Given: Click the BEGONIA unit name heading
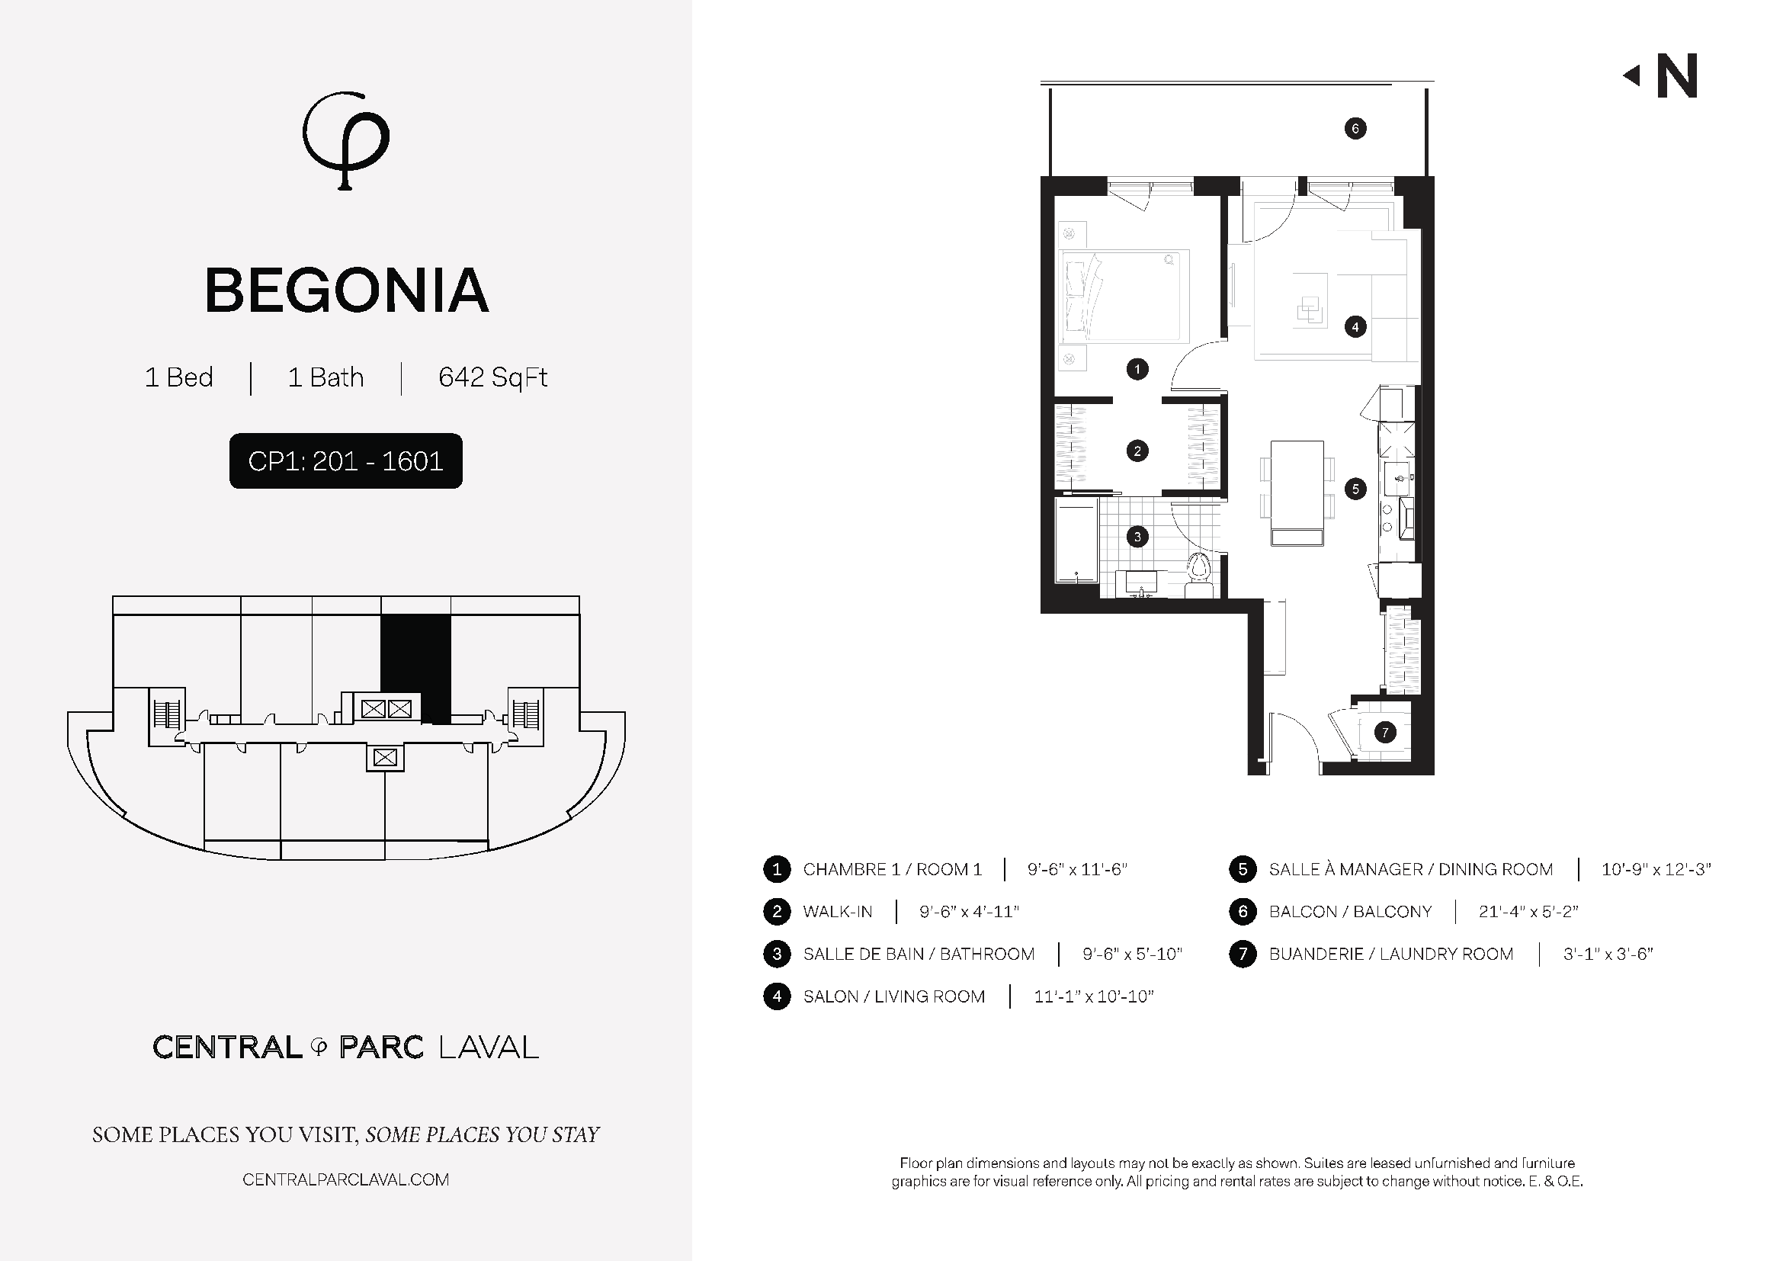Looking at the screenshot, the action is coord(346,291).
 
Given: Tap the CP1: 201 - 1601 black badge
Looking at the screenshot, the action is coord(345,461).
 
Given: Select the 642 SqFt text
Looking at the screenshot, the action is coord(493,377).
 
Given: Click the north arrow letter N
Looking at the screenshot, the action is coord(1677,75).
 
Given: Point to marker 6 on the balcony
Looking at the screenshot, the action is coord(1355,129).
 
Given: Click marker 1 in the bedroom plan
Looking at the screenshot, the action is coord(1137,369).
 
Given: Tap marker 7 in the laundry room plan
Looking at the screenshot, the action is coord(1384,732).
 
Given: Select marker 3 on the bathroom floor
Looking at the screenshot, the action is coord(1137,537).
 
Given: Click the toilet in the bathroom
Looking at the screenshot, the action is coord(1199,575).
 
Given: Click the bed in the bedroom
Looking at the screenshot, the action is coord(1125,297).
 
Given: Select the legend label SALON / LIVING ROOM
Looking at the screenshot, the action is coord(894,996).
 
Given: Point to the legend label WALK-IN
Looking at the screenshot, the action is coord(838,912).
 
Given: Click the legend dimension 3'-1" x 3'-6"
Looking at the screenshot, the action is coord(1608,954).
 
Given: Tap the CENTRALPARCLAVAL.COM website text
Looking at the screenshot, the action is coord(345,1179).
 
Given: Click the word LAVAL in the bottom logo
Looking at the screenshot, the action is coord(489,1048).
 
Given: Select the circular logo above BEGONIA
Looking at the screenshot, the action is coord(345,140).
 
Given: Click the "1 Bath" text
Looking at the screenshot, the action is coord(325,377).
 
